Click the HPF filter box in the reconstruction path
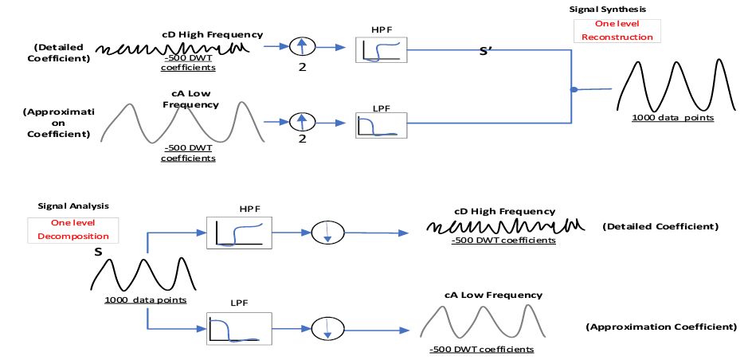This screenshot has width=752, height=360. pyautogui.click(x=381, y=49)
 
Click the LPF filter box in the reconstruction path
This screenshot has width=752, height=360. pyautogui.click(x=381, y=124)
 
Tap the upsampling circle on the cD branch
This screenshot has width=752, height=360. pyautogui.click(x=301, y=45)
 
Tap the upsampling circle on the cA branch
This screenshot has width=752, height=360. pyautogui.click(x=301, y=122)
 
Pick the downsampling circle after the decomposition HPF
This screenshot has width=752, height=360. pyautogui.click(x=327, y=233)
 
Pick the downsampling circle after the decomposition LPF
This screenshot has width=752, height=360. pyautogui.click(x=327, y=327)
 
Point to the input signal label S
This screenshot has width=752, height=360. pyautogui.click(x=99, y=252)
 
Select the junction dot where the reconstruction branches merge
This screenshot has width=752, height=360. pyautogui.click(x=574, y=90)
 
